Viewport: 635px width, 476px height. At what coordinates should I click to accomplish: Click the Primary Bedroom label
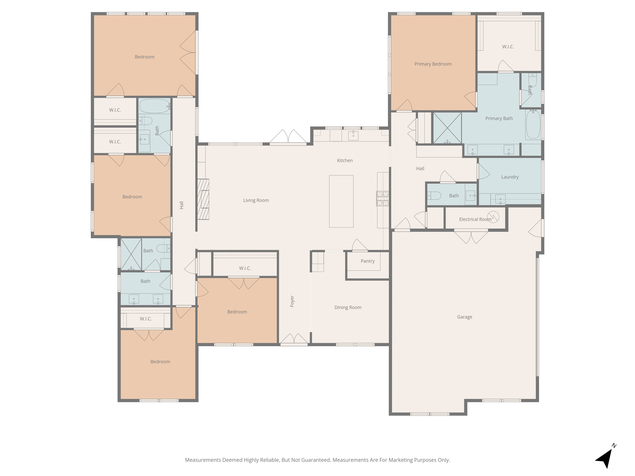tap(433, 64)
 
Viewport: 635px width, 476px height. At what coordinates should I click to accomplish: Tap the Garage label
tap(465, 317)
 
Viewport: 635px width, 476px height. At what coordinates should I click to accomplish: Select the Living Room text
tap(256, 200)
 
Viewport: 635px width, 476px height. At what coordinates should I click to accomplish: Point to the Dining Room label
tap(348, 307)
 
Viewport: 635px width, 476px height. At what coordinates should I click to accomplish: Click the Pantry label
tap(368, 261)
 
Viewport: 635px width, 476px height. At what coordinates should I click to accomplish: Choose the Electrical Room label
tap(475, 219)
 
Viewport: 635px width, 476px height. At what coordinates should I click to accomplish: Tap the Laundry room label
tap(510, 177)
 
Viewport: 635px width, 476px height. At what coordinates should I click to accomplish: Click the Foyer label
tap(292, 301)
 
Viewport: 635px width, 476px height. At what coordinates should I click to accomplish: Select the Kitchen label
tap(345, 161)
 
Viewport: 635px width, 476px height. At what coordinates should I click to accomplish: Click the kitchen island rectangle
tap(341, 201)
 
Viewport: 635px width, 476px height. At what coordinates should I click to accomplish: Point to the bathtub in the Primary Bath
tap(533, 125)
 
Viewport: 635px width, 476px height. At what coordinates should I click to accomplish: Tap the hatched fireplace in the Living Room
tap(203, 199)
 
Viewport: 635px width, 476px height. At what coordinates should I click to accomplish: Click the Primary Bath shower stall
tap(447, 128)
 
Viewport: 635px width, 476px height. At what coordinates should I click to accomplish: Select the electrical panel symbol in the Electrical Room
tap(493, 217)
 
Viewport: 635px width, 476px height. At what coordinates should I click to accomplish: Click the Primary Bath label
tap(499, 118)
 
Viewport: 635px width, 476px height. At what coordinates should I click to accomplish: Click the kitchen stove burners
tap(383, 199)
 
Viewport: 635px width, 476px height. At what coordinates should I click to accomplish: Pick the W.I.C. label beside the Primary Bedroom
tap(508, 47)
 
